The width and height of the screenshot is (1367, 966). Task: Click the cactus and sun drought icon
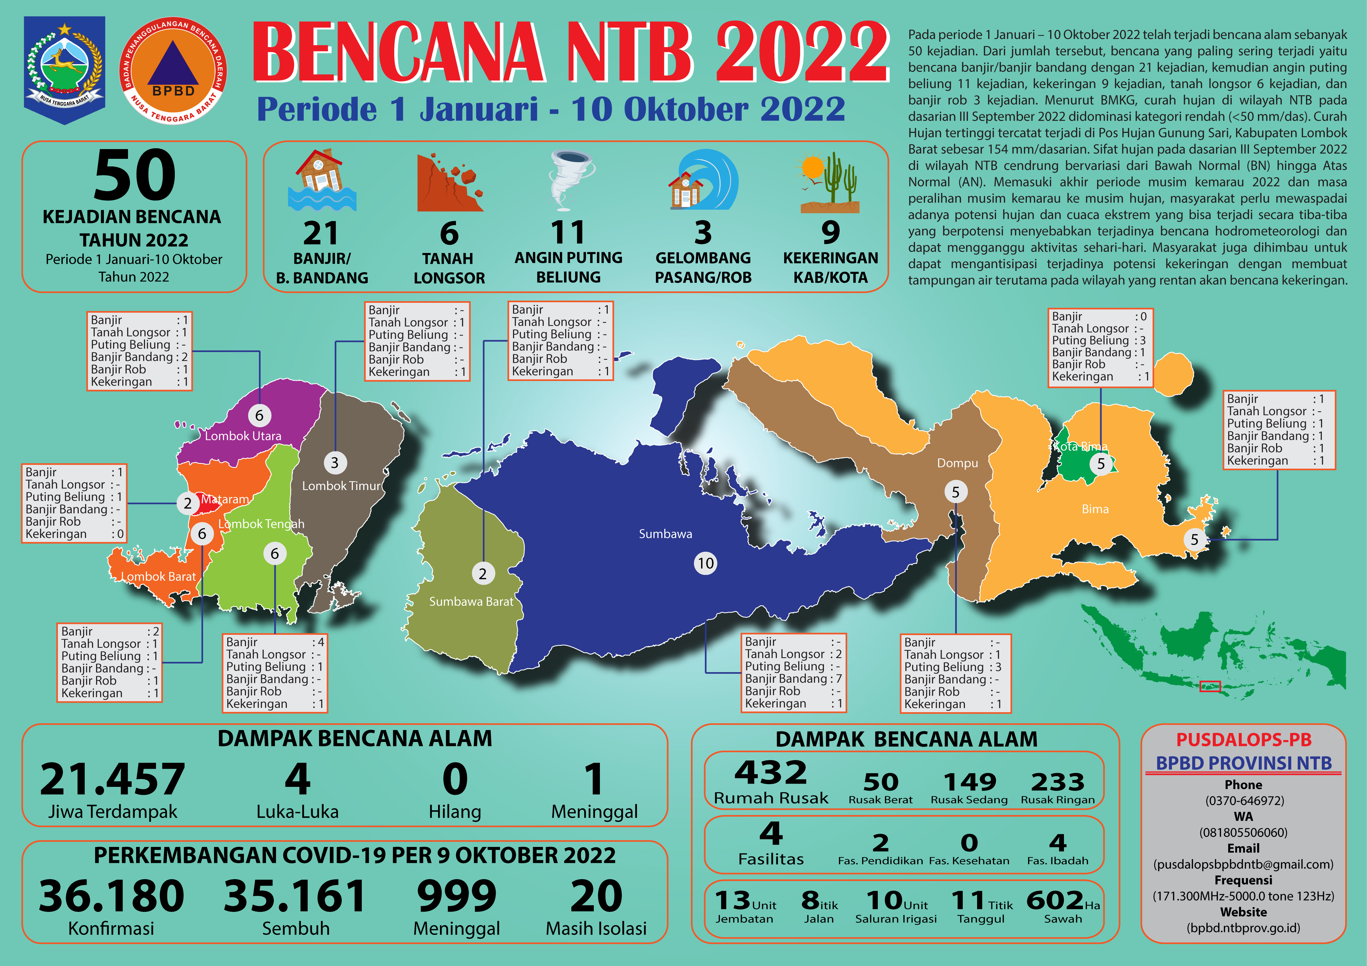coord(829,182)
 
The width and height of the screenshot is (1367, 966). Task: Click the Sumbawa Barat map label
coord(471,602)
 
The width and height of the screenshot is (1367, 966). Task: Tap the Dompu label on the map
coord(957,463)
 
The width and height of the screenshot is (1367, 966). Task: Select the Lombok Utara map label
coord(243,436)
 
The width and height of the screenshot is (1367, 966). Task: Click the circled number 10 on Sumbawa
coord(705,563)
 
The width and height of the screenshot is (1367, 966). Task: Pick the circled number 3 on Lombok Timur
coord(335,462)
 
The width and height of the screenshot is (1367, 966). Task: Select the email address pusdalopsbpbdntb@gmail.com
coord(1243,864)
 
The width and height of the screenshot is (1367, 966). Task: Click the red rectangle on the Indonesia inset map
coord(1210,686)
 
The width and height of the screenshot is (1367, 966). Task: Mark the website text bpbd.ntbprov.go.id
coord(1243,928)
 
